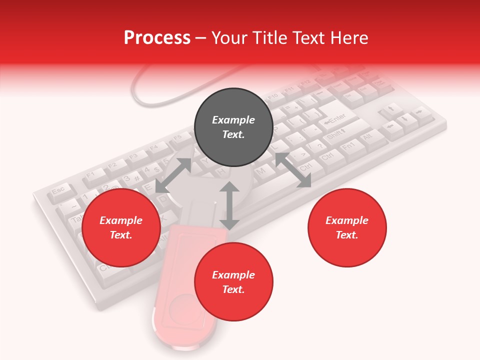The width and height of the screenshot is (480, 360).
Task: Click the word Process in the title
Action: [x=157, y=38]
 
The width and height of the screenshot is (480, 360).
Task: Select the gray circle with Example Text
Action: [x=233, y=127]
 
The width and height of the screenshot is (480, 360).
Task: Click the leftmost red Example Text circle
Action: [x=121, y=227]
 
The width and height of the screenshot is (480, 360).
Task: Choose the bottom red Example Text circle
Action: [x=233, y=282]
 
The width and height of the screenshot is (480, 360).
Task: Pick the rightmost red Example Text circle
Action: [x=347, y=227]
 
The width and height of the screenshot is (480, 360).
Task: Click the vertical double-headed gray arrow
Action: [x=229, y=205]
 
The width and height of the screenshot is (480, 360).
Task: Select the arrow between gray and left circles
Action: [x=173, y=175]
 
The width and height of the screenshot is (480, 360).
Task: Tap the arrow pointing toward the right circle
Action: [x=293, y=170]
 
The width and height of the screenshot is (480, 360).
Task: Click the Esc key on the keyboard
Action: [x=58, y=190]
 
